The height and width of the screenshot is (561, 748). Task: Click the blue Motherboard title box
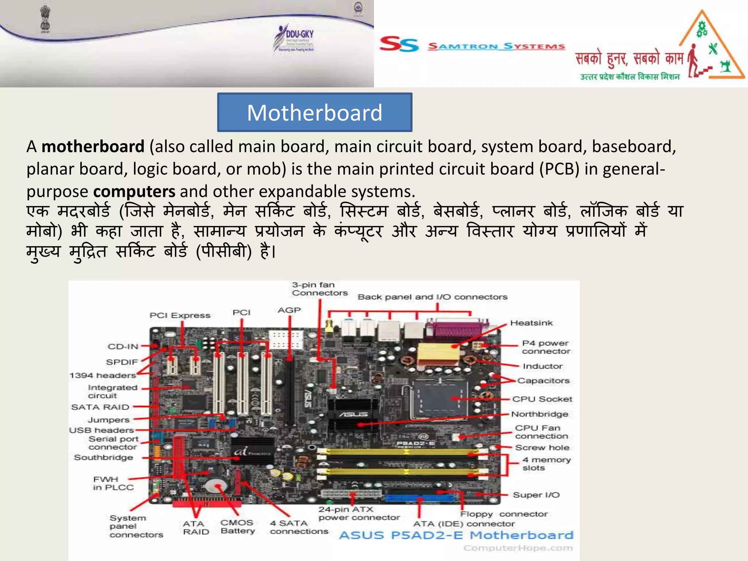coord(314,112)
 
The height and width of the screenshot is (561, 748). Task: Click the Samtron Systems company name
coord(496,46)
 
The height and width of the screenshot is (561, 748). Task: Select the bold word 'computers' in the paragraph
coord(134,191)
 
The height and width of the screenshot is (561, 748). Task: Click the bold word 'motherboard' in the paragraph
coord(93,147)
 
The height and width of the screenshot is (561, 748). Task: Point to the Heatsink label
coord(531,323)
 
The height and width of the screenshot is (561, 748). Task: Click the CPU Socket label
coord(542,399)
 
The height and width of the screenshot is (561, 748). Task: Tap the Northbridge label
coord(539,414)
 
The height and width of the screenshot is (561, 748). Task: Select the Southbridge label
coord(103,457)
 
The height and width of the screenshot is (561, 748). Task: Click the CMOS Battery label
coord(237,527)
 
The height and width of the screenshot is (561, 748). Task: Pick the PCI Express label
coord(180,315)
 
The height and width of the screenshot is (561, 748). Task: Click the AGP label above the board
coord(289,310)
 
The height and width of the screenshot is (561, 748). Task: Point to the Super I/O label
coord(536,495)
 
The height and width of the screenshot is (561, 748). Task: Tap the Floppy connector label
coord(504,514)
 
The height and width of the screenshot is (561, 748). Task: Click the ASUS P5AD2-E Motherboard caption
coord(456,535)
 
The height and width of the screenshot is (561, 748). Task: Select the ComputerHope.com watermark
coord(518,548)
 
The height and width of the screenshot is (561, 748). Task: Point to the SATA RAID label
coord(100,407)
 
